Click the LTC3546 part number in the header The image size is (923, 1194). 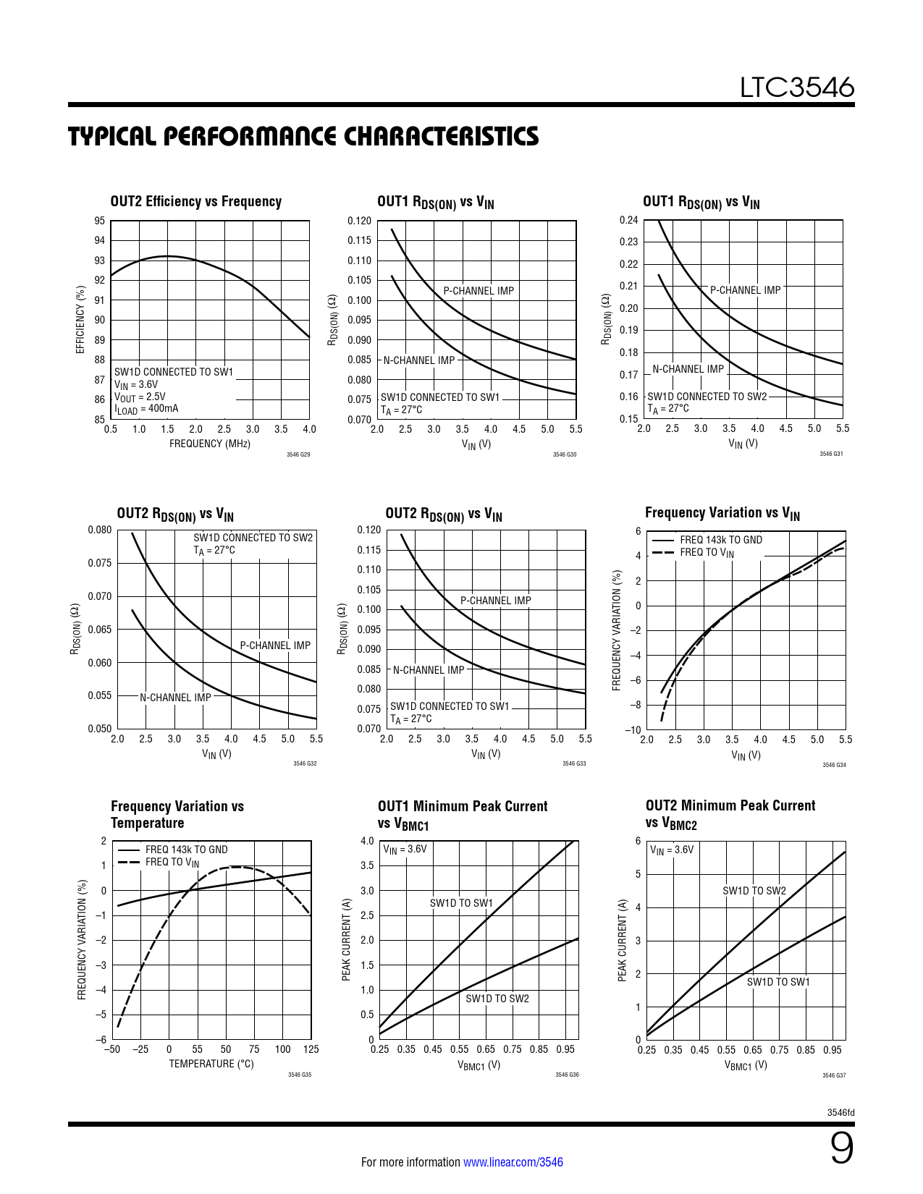coord(796,88)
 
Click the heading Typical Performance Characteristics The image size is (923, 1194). coord(303,137)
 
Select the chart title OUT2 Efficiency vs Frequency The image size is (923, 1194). coord(195,202)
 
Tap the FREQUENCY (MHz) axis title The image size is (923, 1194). coord(209,444)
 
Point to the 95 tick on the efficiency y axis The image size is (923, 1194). coord(99,221)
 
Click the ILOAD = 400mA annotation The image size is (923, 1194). coord(146,409)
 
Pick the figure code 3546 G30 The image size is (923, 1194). coord(565,454)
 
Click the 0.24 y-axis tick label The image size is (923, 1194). coord(629,220)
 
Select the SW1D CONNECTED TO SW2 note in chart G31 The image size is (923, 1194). coord(707,397)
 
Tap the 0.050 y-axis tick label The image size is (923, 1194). coord(100,729)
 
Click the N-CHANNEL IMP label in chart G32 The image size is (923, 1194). coord(175,698)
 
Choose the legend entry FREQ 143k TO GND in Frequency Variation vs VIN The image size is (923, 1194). coord(721,540)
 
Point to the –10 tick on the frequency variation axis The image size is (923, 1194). coord(633,729)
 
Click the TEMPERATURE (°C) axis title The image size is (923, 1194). coord(211,1064)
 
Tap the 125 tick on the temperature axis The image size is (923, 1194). coord(311,1049)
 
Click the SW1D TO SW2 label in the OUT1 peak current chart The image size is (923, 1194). coord(497,999)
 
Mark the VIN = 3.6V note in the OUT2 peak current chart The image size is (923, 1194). coord(672,850)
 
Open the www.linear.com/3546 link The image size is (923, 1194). coord(513,1162)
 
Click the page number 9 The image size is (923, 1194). coord(841,1148)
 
